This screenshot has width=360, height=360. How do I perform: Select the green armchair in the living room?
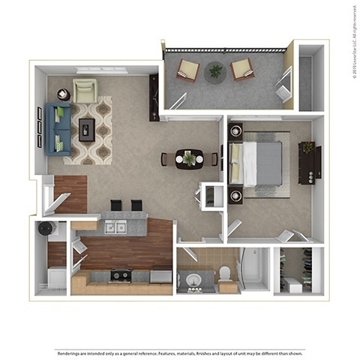85,91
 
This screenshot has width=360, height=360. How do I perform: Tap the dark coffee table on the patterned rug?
87,129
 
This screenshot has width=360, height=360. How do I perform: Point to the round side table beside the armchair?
63,94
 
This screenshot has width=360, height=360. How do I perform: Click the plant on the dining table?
189,158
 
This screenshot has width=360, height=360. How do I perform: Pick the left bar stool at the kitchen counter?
116,205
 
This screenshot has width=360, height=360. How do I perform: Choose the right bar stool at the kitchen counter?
136,205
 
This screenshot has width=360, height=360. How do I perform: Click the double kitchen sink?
115,226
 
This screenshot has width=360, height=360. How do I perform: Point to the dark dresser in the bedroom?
308,163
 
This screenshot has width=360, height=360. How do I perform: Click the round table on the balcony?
215,72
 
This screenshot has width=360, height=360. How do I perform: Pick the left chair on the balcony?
187,70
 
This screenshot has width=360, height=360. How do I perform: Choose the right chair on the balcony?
241,70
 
